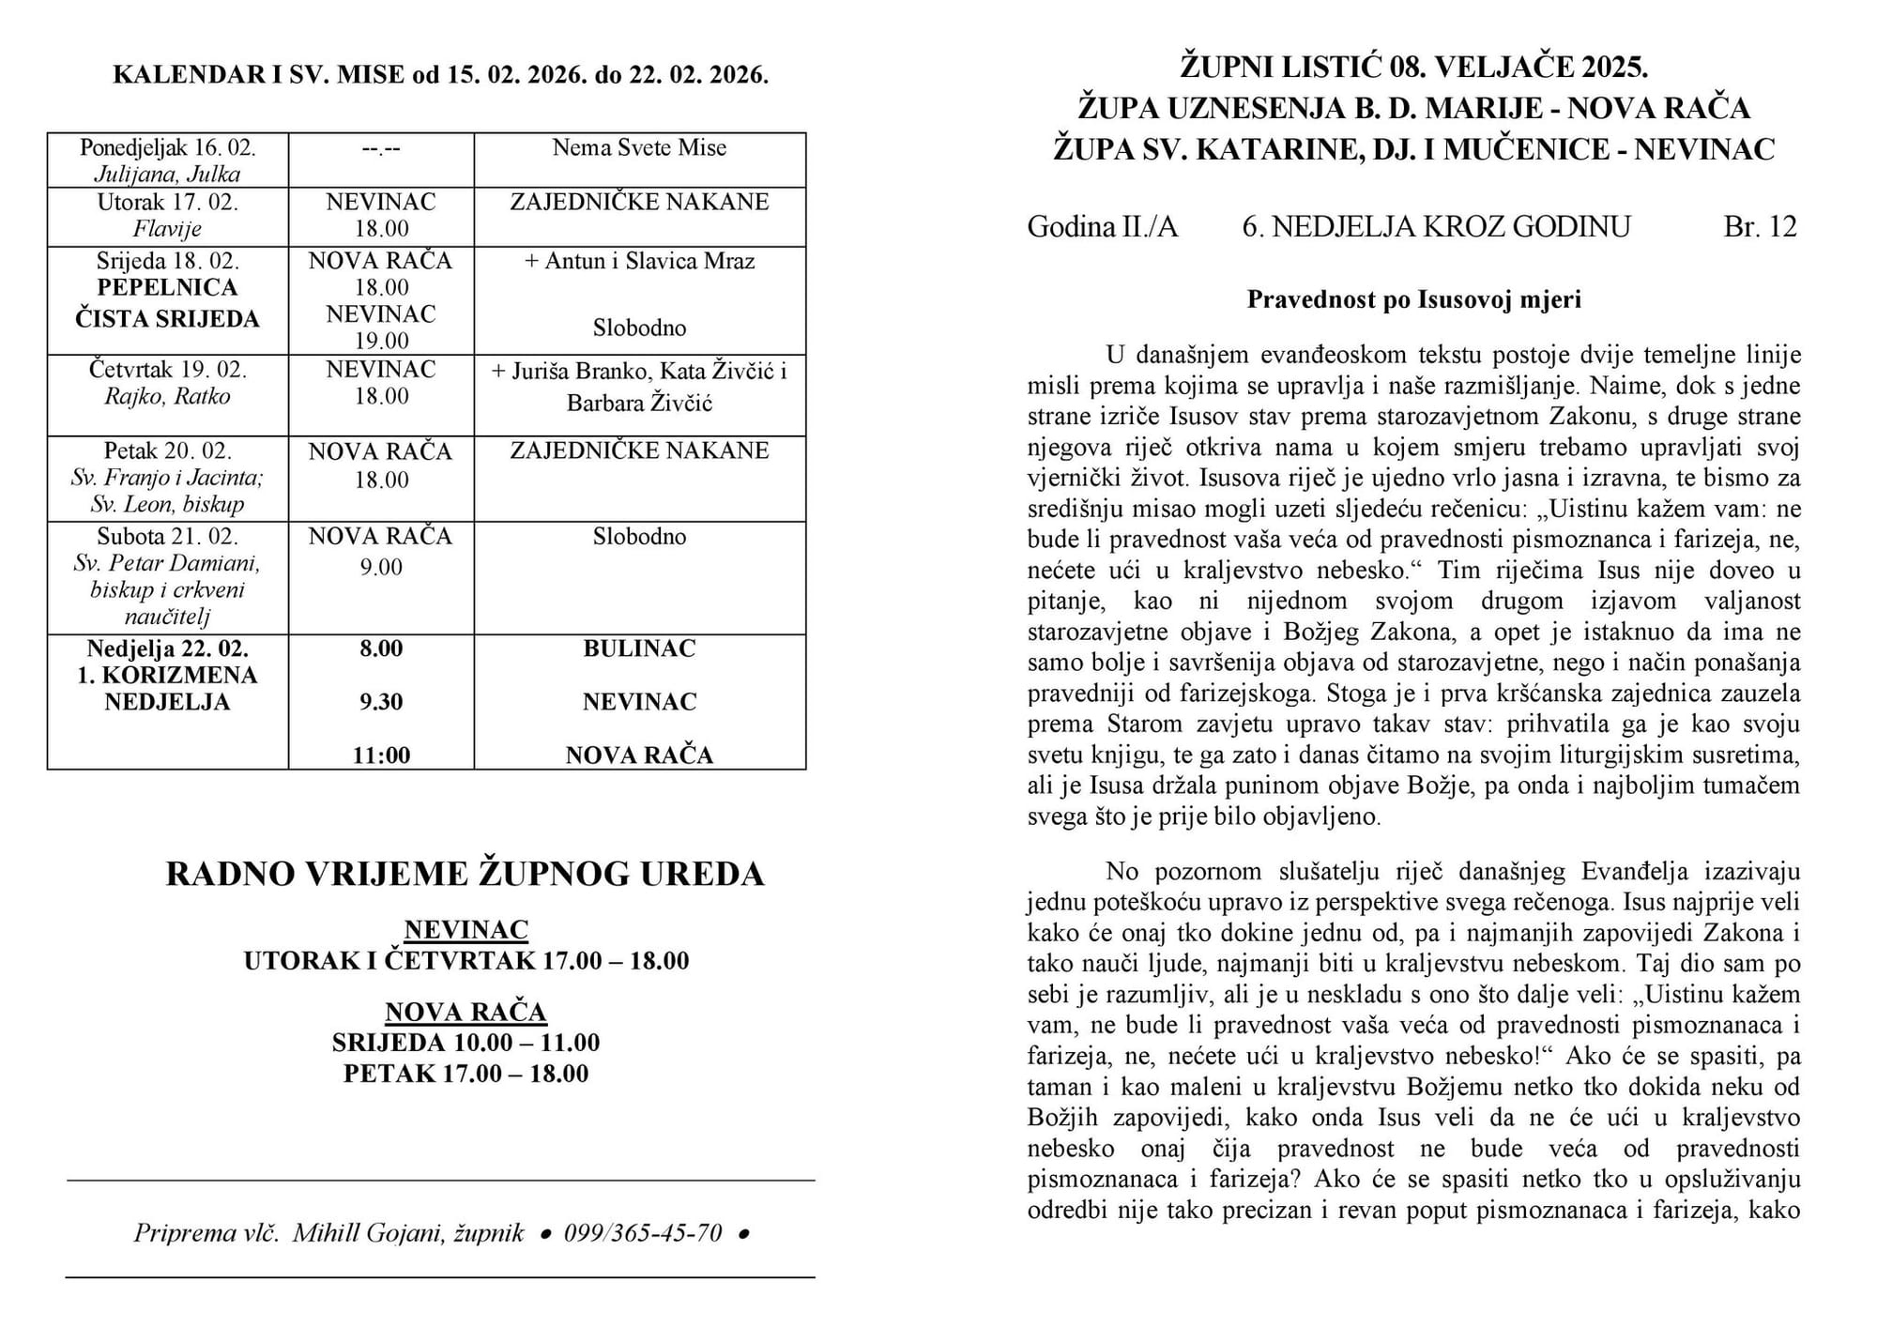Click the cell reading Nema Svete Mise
click(639, 148)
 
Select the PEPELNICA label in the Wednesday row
click(167, 287)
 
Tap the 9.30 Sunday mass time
click(381, 702)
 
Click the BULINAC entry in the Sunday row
click(639, 648)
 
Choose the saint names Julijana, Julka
click(167, 175)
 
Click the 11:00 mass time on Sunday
click(381, 755)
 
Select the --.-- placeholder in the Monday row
click(381, 148)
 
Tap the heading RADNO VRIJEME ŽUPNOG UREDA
click(465, 874)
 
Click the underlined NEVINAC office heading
click(466, 929)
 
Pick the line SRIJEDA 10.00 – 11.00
click(465, 1043)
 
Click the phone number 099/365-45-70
click(643, 1232)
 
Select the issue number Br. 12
click(1760, 227)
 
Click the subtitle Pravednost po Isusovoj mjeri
click(1413, 299)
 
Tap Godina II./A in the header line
click(1102, 227)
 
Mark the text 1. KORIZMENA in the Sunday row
click(167, 676)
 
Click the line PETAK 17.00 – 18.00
click(465, 1074)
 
